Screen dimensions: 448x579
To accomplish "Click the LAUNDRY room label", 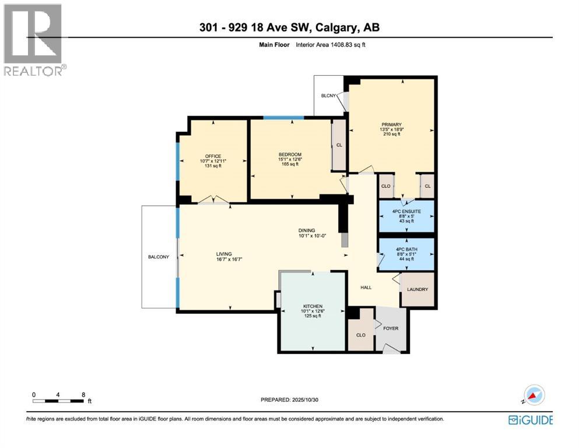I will tap(417, 289).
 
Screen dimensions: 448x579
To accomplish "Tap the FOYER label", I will tap(391, 328).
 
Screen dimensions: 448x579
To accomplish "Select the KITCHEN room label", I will tap(313, 306).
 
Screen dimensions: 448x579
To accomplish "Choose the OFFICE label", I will tap(213, 156).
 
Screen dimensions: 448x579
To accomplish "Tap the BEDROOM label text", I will tap(290, 154).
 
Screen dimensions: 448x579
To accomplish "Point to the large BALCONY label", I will tap(158, 256).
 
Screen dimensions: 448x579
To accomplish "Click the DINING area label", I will tap(307, 230).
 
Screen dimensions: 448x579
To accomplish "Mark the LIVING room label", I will tap(224, 254).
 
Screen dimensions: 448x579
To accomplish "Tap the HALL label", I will tap(366, 287).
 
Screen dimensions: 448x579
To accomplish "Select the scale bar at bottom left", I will tap(58, 401).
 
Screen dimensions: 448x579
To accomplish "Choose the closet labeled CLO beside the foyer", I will tap(360, 335).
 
